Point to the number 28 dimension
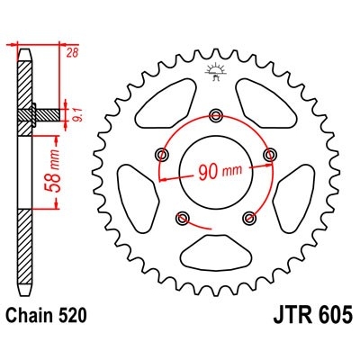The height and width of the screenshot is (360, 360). click(x=71, y=54)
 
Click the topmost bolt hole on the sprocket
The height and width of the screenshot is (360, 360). click(x=215, y=114)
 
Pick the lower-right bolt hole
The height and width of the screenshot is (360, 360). click(x=248, y=216)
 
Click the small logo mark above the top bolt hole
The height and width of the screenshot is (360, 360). click(x=215, y=71)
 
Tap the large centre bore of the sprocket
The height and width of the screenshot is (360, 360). click(x=215, y=171)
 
